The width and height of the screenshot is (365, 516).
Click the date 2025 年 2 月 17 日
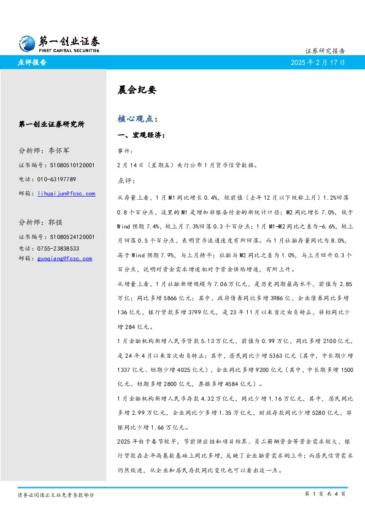[x=318, y=63]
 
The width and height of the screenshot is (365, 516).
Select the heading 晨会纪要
[x=137, y=89]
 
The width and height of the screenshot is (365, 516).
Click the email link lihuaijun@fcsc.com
[x=66, y=194]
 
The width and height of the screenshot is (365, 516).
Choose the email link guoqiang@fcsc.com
[x=64, y=259]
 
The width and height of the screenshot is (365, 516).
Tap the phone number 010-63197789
[x=56, y=179]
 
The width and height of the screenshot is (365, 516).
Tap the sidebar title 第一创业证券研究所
[x=52, y=124]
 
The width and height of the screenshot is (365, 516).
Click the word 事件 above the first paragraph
[x=124, y=150]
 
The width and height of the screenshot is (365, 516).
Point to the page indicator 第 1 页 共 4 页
[x=325, y=494]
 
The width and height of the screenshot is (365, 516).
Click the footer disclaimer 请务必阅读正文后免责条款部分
[x=56, y=495]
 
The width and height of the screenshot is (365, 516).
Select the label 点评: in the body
[x=126, y=181]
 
